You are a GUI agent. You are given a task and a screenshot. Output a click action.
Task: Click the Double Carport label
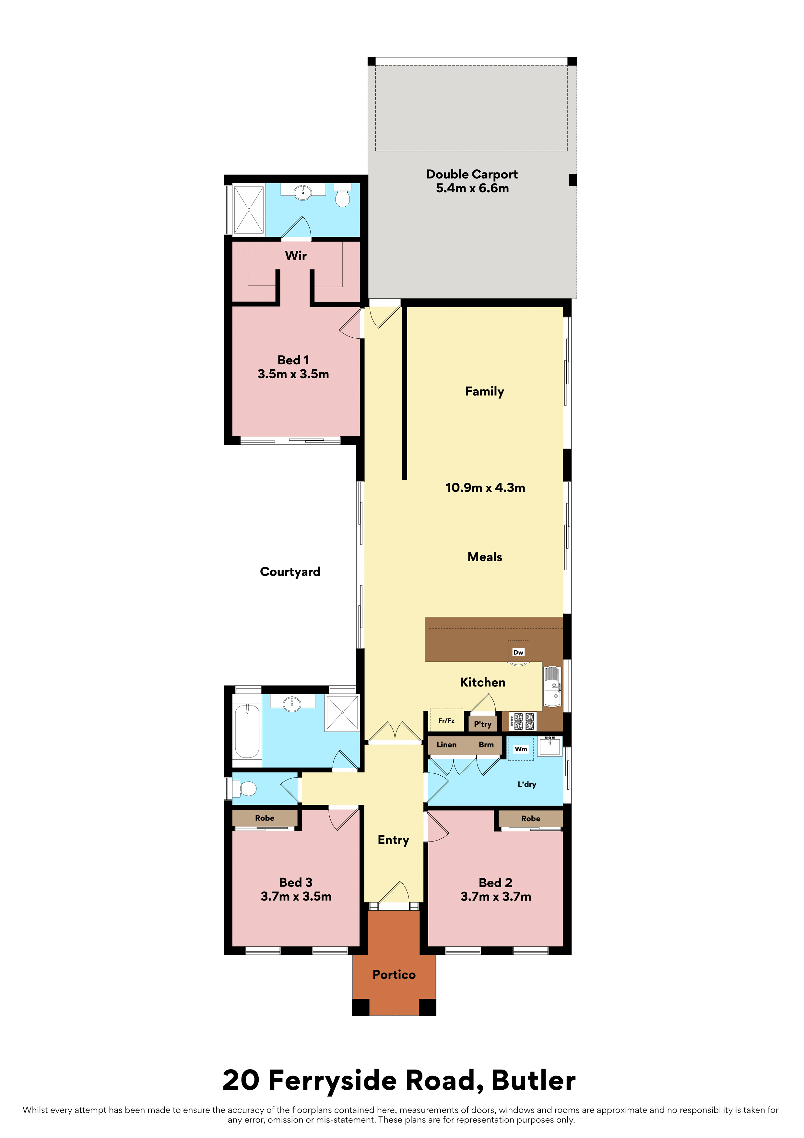coord(472,175)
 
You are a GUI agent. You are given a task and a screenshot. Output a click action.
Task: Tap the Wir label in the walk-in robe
coord(296,256)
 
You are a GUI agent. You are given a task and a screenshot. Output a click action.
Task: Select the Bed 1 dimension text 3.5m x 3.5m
coord(293,374)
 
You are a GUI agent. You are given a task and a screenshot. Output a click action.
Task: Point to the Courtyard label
coord(290,572)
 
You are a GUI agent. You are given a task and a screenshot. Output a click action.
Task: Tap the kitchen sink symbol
coord(552,686)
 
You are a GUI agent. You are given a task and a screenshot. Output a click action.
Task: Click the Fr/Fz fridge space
coord(446,721)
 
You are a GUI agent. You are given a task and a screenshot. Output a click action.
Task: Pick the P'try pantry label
coord(482,724)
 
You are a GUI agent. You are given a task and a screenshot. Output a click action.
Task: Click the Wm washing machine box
coord(521,749)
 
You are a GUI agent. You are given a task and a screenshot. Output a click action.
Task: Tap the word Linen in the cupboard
coord(446,745)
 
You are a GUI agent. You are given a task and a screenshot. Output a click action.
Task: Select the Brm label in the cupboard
coord(486,745)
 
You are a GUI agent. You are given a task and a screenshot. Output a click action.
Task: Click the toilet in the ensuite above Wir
coord(342,195)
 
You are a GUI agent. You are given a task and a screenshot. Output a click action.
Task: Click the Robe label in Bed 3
coord(265,818)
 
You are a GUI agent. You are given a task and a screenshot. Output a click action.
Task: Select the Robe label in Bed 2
coord(531,819)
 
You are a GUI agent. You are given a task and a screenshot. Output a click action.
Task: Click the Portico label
coord(394,975)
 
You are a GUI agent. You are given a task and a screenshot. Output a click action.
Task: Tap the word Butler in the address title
coord(534,1081)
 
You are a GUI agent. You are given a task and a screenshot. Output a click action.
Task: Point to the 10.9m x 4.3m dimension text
coord(485,488)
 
